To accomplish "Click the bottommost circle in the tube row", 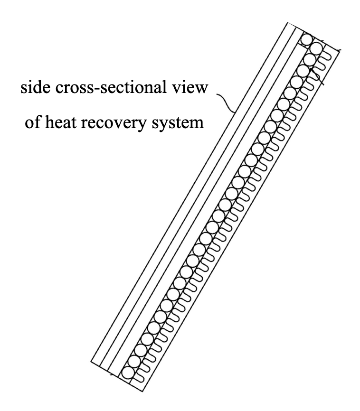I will [127, 372].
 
